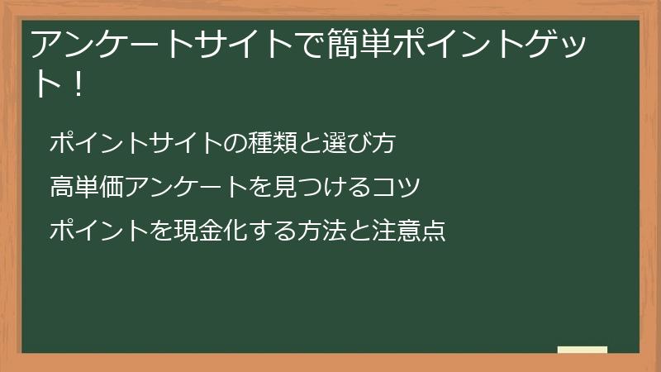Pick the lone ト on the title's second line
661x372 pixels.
click(x=47, y=84)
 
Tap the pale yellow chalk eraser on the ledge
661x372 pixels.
click(x=583, y=350)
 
